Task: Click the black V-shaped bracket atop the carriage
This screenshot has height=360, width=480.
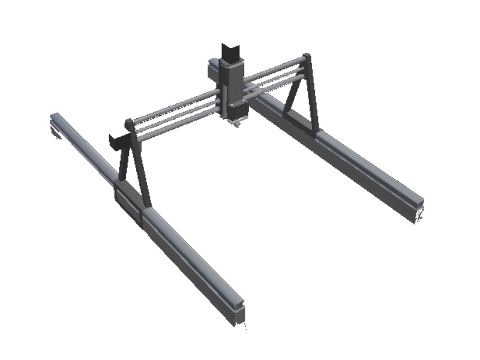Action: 230,52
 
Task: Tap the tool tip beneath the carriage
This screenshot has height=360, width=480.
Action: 238,122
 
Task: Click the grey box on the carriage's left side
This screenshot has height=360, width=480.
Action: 213,70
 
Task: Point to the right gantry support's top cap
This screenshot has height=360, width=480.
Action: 307,58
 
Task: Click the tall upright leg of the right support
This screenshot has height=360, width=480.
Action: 311,96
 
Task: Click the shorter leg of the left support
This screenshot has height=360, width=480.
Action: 123,162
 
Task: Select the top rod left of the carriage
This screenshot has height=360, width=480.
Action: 174,108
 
